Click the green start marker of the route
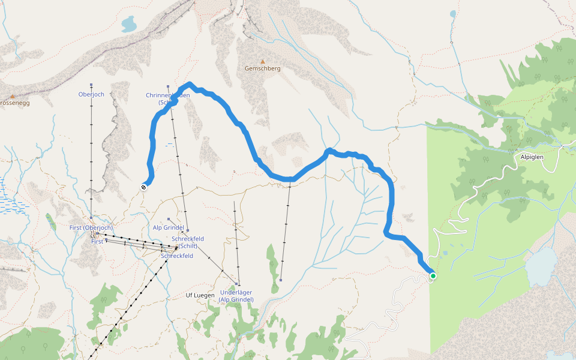433,276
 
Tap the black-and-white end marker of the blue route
143,187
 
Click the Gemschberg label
262,68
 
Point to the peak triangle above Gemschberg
262,61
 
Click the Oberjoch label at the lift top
91,94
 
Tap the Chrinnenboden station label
167,99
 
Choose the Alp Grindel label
168,228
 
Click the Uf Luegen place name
200,296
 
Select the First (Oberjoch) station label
91,228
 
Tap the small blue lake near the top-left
129,25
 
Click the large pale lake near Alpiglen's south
541,265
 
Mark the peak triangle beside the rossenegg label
12,95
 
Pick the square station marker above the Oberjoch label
91,85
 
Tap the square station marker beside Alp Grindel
169,220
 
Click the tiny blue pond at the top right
453,13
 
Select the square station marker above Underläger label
238,284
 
